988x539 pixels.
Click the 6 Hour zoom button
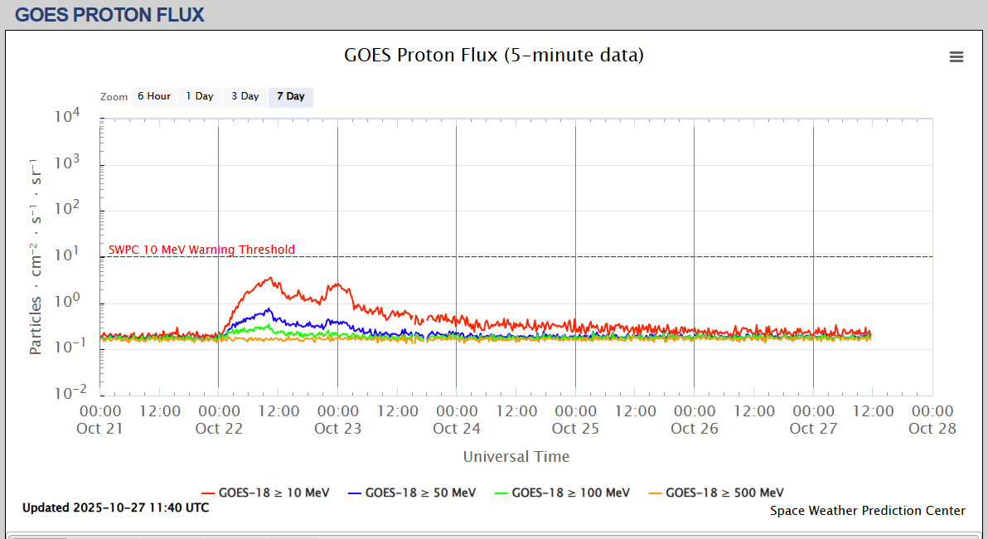coord(153,96)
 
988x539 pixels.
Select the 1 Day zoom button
coord(199,96)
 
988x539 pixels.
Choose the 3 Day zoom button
coord(245,96)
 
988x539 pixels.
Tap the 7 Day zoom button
coord(290,96)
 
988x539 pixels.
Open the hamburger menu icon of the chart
coord(957,56)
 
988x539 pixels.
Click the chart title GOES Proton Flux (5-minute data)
coord(493,56)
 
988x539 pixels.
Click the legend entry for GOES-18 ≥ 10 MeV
coord(265,493)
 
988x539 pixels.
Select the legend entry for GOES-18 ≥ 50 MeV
coord(412,493)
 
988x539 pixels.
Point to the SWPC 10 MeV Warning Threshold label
coord(201,250)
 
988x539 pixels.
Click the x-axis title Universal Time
coord(516,456)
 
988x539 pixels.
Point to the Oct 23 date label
coord(337,428)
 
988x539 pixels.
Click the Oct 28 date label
coord(932,428)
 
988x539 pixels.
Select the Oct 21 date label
coord(99,428)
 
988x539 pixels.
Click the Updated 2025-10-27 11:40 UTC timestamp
coord(115,507)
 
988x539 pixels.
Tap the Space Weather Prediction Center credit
coord(867,511)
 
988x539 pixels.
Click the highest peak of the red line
coord(271,278)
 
